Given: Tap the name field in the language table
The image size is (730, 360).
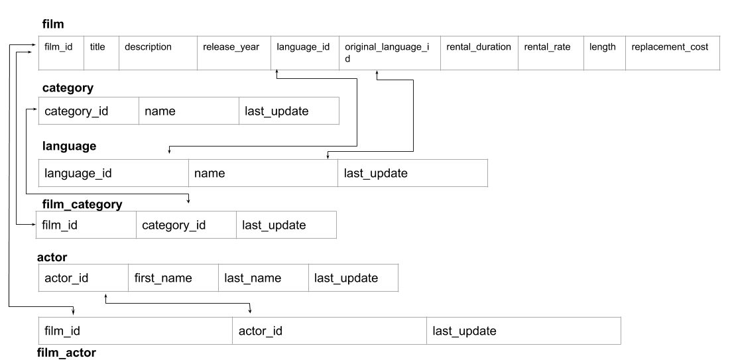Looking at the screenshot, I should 263,174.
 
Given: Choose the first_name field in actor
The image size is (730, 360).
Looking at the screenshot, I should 173,278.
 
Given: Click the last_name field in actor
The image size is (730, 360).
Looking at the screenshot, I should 263,278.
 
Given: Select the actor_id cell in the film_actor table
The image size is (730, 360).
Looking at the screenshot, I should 329,331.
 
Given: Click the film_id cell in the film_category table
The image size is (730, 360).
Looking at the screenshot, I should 86,225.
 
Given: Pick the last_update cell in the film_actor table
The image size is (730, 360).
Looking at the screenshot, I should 523,331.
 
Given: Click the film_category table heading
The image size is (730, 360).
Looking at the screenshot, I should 82,205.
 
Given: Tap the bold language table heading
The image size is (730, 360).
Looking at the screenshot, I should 69,145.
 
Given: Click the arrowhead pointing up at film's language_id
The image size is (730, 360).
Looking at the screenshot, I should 276,74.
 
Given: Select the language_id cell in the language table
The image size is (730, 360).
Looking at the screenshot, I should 113,174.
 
